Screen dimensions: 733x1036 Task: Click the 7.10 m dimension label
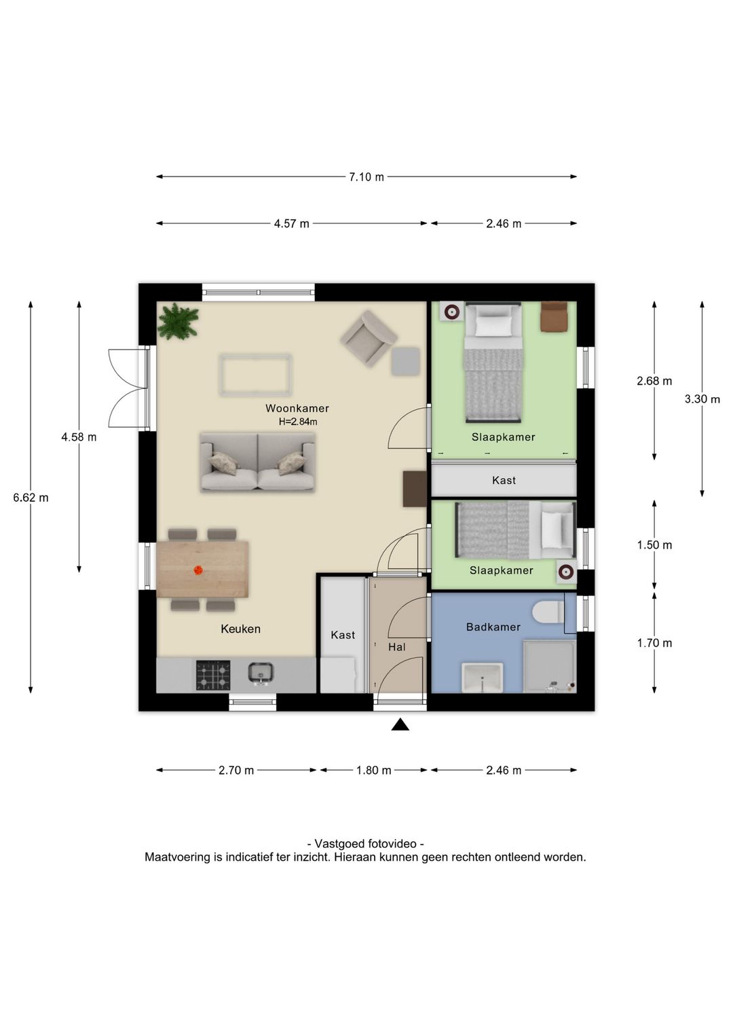(366, 177)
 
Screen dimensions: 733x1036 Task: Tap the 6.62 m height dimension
(31, 498)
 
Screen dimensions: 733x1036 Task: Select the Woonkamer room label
(297, 409)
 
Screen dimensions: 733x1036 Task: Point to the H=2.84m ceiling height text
(298, 422)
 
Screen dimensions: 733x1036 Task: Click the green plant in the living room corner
(178, 321)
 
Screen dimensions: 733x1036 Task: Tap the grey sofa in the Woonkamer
(258, 462)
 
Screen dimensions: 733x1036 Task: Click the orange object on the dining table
(198, 570)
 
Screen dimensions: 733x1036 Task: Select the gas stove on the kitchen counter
(213, 675)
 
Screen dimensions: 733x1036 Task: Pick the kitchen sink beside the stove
(261, 673)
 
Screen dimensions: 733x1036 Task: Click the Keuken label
(240, 629)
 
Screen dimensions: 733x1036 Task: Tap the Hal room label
(397, 647)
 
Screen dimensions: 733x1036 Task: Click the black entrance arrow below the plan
(400, 725)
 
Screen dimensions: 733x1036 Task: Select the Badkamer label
(493, 627)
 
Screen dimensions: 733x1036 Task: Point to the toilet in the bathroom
(548, 612)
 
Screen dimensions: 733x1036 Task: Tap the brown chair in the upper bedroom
(554, 317)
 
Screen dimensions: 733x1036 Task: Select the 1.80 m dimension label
(374, 771)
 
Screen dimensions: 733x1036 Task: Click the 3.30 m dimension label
(702, 399)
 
